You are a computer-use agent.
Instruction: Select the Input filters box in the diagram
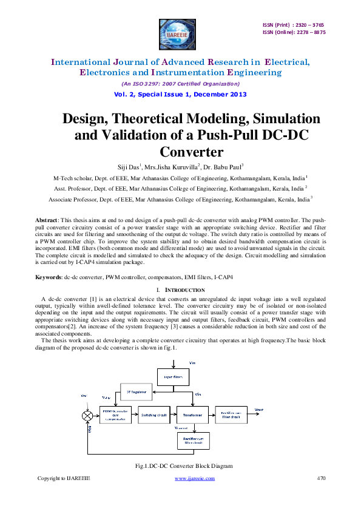[174, 376]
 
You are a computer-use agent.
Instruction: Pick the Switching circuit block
[154, 416]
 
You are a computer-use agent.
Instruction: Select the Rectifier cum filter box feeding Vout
[231, 416]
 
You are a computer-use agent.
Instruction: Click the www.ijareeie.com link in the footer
[195, 478]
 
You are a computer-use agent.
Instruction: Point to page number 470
[322, 478]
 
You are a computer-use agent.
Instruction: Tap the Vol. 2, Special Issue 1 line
[180, 94]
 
